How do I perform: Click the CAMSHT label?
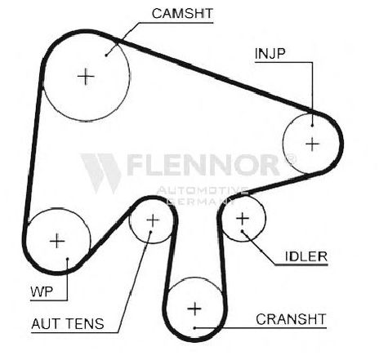[x=182, y=14]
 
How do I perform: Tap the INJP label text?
[x=270, y=54]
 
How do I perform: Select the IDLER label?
[x=306, y=256]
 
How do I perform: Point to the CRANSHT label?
[x=291, y=319]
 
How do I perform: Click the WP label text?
[x=42, y=292]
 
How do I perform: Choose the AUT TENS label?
[x=68, y=324]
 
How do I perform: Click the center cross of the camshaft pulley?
[x=86, y=77]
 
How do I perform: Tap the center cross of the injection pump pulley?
[x=312, y=144]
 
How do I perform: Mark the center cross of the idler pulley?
[x=243, y=219]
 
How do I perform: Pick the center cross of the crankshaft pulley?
[x=194, y=309]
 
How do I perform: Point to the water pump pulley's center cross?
[x=57, y=241]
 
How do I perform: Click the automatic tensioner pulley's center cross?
[x=153, y=220]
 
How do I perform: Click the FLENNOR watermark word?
[x=203, y=165]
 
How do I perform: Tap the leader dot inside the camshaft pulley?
[x=106, y=56]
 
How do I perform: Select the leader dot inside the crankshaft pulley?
[x=194, y=328]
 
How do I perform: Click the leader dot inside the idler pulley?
[x=242, y=231]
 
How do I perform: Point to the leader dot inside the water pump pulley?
[x=67, y=259]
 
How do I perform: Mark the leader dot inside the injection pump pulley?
[x=312, y=125]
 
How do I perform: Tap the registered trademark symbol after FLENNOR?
[x=290, y=159]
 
